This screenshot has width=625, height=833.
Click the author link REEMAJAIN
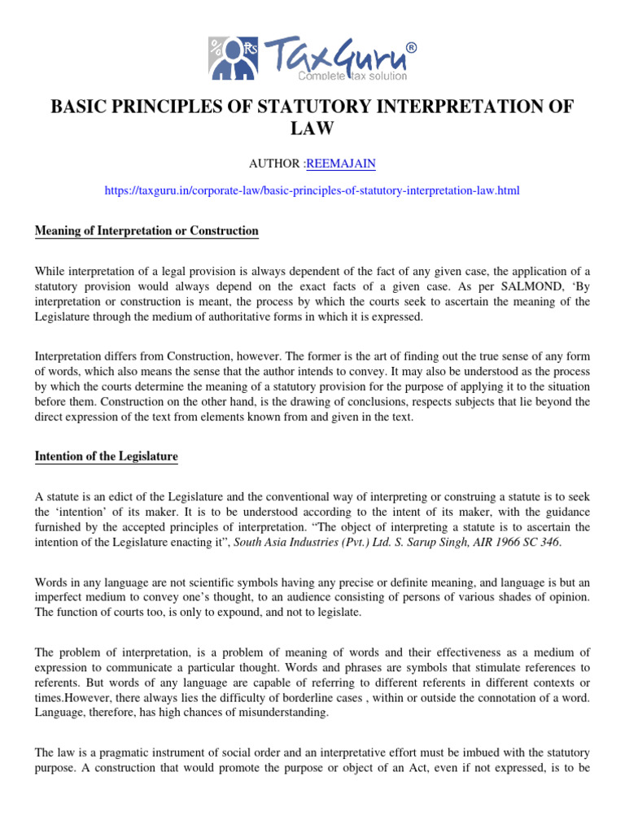[x=341, y=164]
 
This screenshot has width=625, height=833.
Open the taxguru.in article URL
[x=312, y=190]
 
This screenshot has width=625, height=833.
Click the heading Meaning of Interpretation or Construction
[x=146, y=231]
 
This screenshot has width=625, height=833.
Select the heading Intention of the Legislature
[x=106, y=456]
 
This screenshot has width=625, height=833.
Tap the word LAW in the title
[x=312, y=129]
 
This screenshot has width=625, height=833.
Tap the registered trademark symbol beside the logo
[x=410, y=48]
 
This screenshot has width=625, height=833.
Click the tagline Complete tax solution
[x=352, y=76]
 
